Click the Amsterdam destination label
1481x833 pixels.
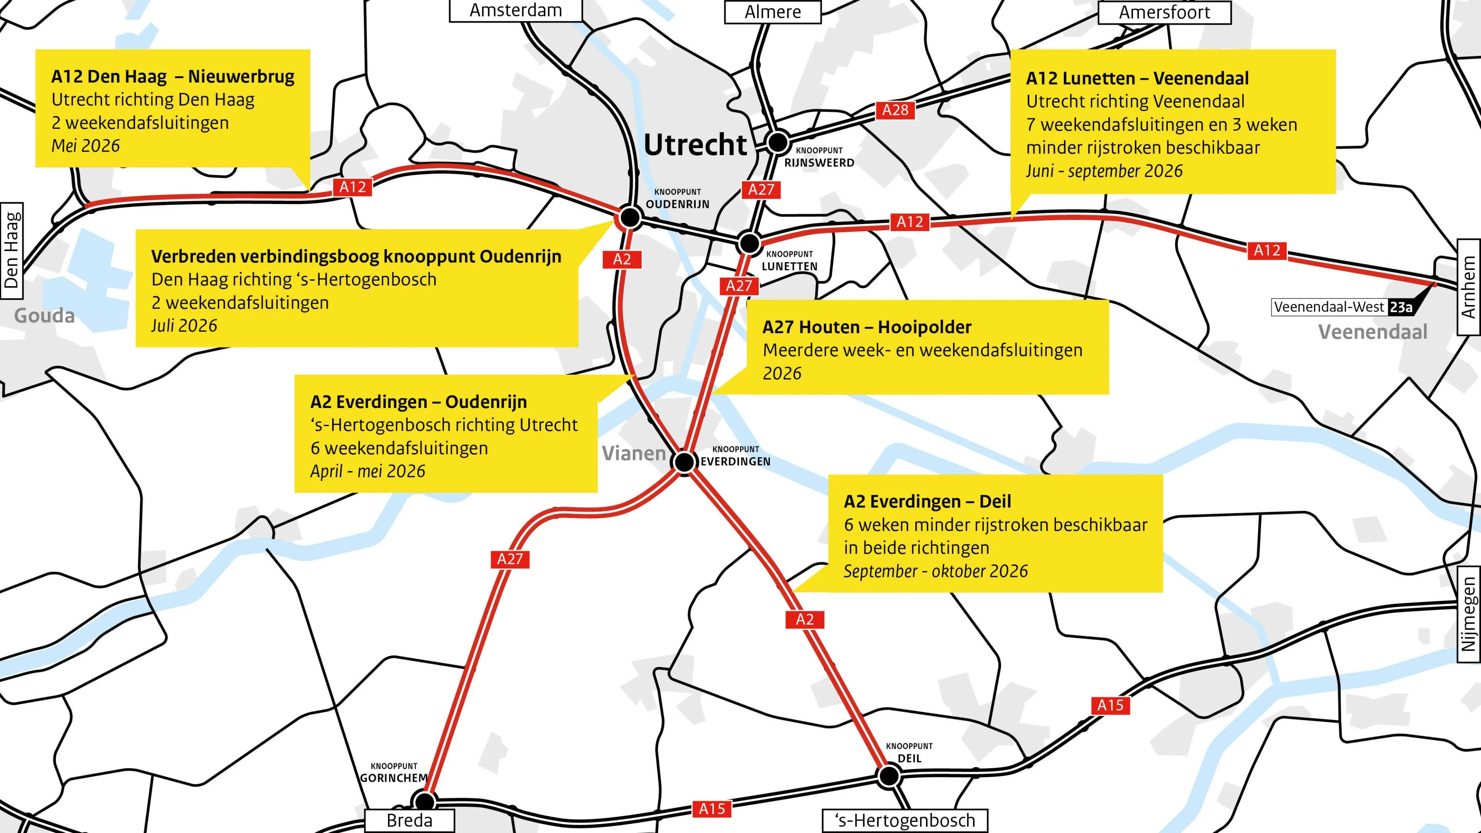(515, 10)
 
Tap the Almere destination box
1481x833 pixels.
(772, 12)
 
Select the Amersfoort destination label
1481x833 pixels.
(1164, 12)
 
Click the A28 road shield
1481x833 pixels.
(895, 110)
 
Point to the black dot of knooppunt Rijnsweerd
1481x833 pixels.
(778, 142)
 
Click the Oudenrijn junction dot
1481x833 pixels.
(630, 217)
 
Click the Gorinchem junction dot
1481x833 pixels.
(424, 801)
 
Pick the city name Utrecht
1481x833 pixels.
(695, 145)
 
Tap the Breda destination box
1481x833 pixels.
(409, 820)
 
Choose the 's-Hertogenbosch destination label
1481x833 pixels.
(905, 820)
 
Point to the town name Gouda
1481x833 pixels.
(44, 315)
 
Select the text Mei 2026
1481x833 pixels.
(86, 146)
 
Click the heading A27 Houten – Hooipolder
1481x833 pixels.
(866, 327)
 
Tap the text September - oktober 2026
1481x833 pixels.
(935, 572)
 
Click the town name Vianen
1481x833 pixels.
(633, 454)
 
